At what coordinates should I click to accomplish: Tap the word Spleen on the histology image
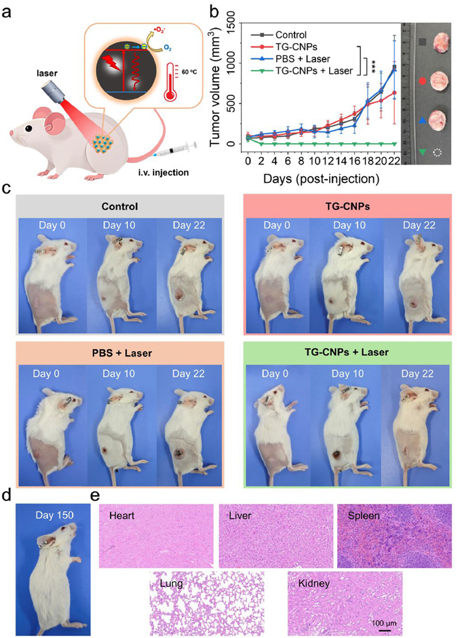pyautogui.click(x=357, y=515)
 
